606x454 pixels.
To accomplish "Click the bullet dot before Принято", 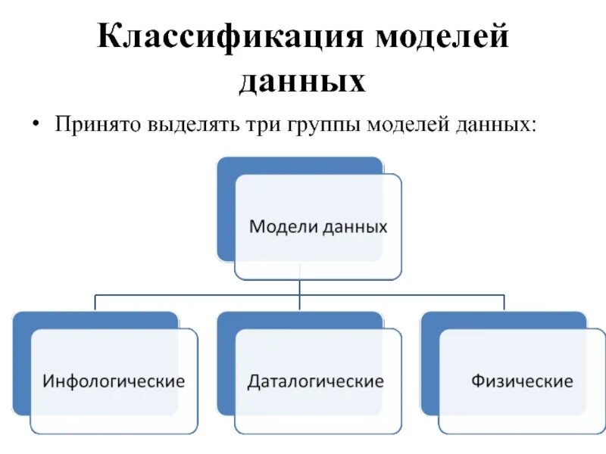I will pos(36,124).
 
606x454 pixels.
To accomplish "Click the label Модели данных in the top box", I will pos(318,226).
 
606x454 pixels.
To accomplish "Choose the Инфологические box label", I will pos(114,381).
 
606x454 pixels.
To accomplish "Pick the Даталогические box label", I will pos(316,381).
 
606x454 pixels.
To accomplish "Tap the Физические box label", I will pos(522,381).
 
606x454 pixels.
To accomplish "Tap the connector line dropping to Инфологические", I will pos(95,302).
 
